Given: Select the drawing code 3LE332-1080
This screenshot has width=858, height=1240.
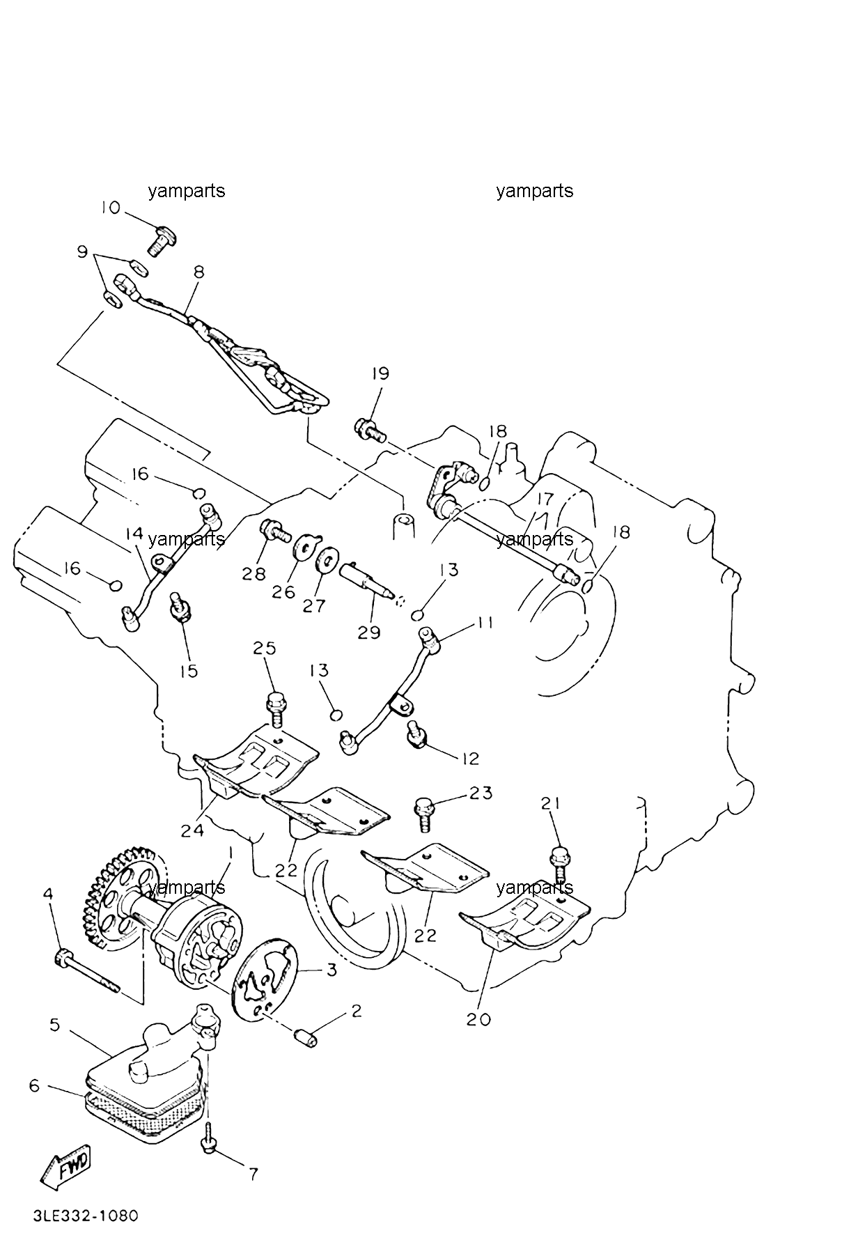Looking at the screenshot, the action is coord(86,1216).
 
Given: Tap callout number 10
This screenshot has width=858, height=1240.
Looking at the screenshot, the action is coord(111,208).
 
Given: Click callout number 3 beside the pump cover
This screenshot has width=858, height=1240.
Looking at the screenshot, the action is coord(331,970).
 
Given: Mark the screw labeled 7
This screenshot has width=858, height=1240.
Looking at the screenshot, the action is coord(208,1139).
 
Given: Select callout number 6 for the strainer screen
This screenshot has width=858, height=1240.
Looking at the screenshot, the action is coord(35,1085).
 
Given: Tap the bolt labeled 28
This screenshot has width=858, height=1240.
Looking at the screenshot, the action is coord(275,533).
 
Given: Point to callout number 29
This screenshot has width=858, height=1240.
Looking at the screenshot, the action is coord(369,633).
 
